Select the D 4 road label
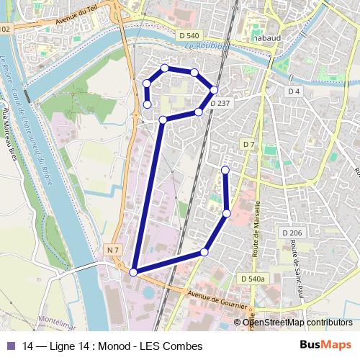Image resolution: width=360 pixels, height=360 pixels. [x=293, y=91]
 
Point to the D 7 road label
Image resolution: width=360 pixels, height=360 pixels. [x=248, y=145]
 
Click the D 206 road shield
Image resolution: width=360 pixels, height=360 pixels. [x=292, y=233]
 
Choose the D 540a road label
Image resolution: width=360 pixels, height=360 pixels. [x=253, y=278]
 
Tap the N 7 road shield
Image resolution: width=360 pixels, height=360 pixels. [x=112, y=249]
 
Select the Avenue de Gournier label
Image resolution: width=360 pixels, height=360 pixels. [x=212, y=297]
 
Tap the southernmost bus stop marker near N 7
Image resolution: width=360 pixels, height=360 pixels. [x=133, y=271]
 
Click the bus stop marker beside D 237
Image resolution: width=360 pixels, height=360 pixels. [x=214, y=90]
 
